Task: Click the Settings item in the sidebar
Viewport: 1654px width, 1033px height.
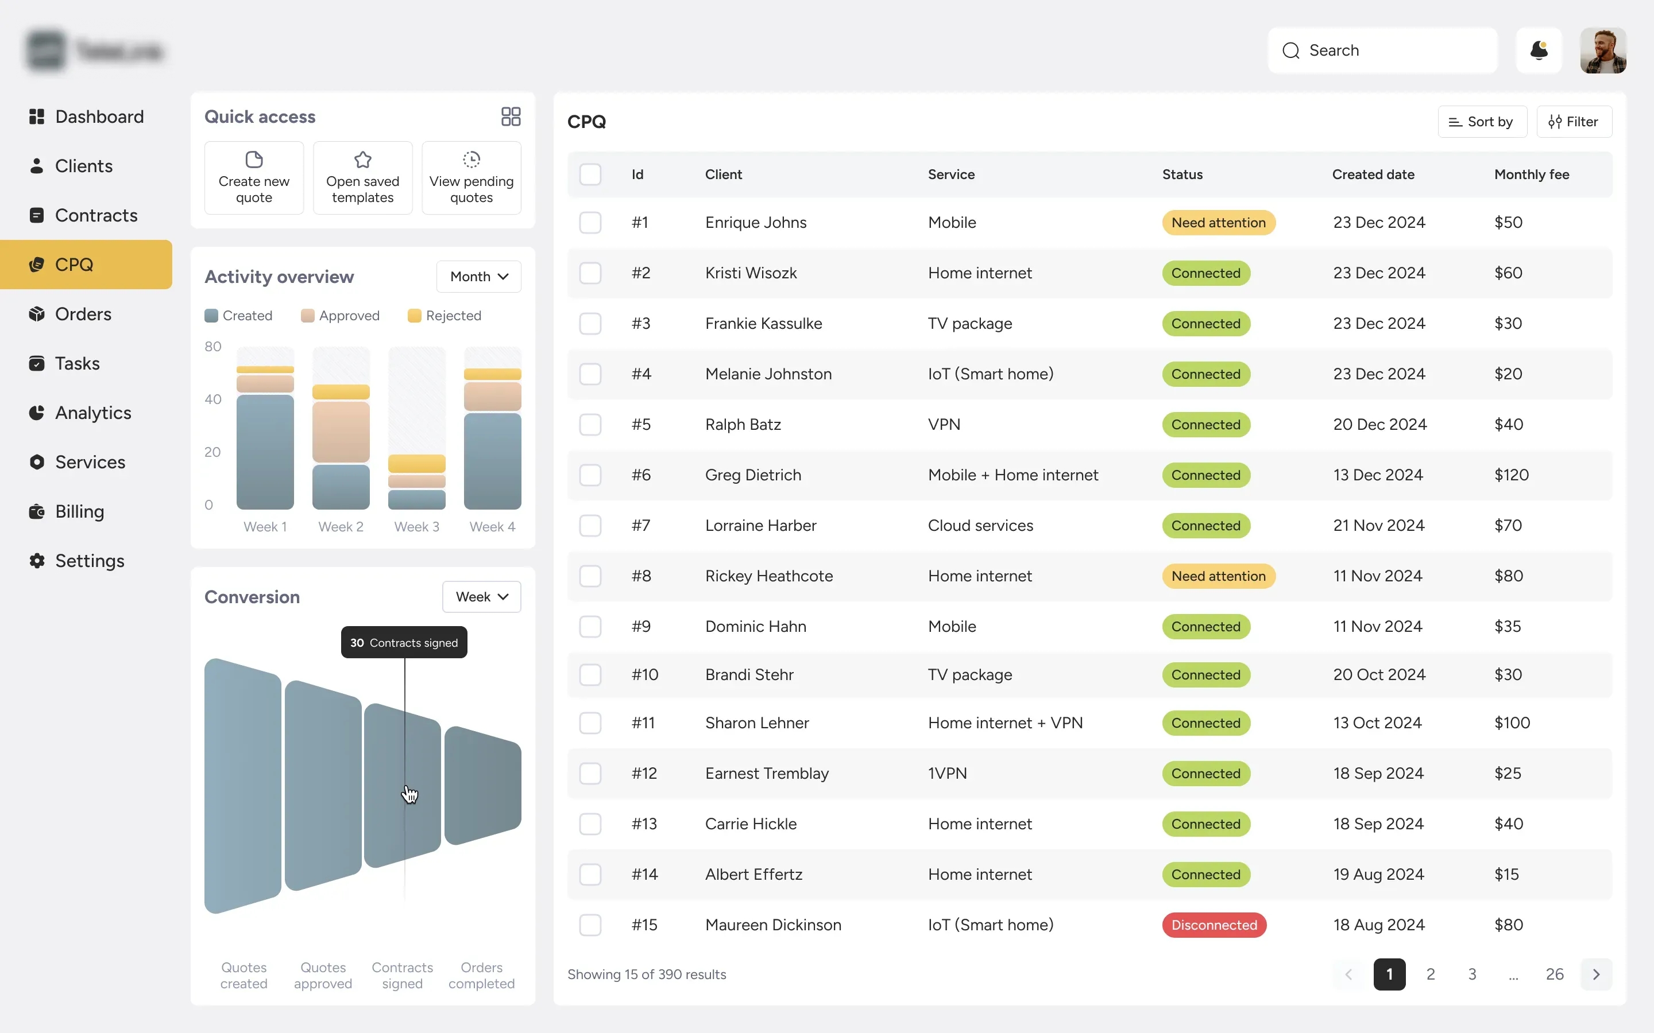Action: point(89,561)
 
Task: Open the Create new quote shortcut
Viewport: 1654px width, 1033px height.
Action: point(254,178)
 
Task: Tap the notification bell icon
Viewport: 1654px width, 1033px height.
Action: point(1539,51)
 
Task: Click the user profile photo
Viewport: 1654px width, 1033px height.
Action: point(1603,51)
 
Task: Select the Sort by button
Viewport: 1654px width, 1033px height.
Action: point(1482,122)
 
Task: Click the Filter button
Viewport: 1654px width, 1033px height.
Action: point(1574,122)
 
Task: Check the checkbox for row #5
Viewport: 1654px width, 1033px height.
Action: point(590,424)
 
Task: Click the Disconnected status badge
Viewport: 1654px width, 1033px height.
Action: point(1214,925)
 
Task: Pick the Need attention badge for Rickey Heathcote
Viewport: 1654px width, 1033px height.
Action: point(1218,576)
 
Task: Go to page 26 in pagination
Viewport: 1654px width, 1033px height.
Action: point(1554,974)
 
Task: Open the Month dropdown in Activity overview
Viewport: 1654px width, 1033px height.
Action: point(478,277)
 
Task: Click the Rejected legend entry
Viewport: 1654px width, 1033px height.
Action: point(445,316)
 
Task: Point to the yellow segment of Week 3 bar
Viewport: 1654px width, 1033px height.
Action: point(416,463)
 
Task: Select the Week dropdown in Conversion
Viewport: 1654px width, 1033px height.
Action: point(481,597)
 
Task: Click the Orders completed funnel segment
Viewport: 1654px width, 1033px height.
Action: point(482,786)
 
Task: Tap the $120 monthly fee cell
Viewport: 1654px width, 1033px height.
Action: point(1511,475)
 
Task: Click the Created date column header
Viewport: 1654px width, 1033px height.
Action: point(1373,174)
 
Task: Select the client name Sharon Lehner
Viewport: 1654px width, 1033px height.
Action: point(756,723)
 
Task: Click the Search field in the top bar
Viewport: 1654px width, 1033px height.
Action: point(1382,51)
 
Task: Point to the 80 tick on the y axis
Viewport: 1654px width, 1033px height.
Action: point(212,347)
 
